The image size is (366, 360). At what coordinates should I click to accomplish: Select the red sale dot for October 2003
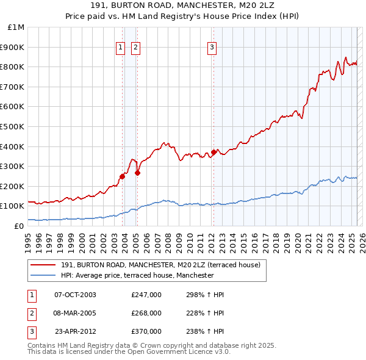[123, 176]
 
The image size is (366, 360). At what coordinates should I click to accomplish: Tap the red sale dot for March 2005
[138, 173]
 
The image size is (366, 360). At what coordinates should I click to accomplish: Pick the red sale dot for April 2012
[214, 152]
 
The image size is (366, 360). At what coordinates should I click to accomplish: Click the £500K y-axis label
[13, 127]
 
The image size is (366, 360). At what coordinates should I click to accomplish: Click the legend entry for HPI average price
[137, 275]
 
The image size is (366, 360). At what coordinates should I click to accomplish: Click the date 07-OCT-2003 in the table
[75, 295]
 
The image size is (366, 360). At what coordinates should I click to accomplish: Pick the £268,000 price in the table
[146, 313]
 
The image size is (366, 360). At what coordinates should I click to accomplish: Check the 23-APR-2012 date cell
[75, 331]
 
